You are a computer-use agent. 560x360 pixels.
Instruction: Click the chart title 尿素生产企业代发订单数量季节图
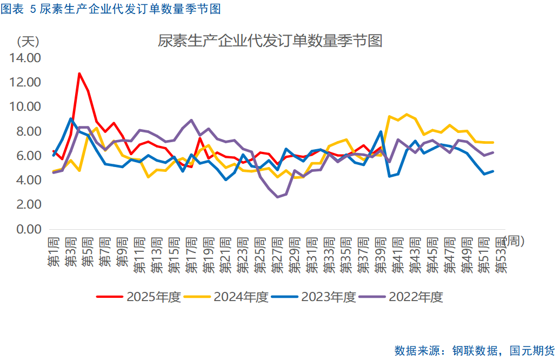point(270,41)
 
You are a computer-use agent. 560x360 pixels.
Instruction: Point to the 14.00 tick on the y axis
point(26,57)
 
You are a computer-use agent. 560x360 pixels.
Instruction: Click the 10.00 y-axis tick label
point(26,106)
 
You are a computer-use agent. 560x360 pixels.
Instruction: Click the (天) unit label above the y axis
point(28,41)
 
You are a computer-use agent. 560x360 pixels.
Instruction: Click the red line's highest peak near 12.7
point(79,74)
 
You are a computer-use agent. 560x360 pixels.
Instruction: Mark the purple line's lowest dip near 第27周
point(278,197)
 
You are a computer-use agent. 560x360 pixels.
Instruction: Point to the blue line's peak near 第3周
point(71,119)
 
